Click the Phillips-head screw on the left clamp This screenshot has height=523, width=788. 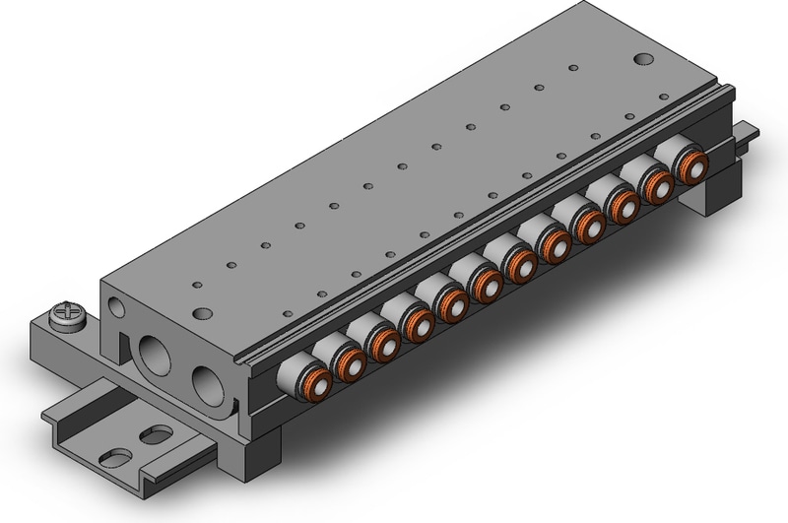click(x=67, y=317)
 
